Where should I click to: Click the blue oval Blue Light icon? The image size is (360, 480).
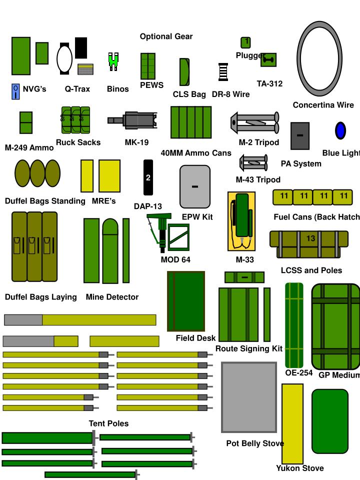(340, 130)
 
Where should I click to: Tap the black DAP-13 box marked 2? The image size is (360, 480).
(148, 177)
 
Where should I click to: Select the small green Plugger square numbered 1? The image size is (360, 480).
(245, 42)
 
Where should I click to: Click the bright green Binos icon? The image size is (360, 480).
(114, 61)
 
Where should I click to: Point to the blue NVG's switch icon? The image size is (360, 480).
(15, 91)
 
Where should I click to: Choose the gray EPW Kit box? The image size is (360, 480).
(195, 186)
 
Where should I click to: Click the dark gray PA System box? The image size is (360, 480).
(300, 135)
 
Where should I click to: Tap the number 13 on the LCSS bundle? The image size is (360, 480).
(310, 238)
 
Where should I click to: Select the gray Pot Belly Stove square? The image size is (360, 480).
(249, 397)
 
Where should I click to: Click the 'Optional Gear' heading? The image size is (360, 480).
(166, 36)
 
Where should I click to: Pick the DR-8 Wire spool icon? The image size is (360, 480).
(223, 72)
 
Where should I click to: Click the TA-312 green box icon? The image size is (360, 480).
(268, 60)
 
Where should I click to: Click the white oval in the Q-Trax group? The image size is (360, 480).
(64, 58)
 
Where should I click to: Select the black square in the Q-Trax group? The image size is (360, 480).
(81, 47)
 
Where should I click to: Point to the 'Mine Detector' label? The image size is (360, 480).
(112, 297)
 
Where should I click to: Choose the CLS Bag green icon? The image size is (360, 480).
(184, 72)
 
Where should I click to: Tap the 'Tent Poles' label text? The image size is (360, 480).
(108, 423)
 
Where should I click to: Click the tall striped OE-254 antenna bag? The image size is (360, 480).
(294, 325)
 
